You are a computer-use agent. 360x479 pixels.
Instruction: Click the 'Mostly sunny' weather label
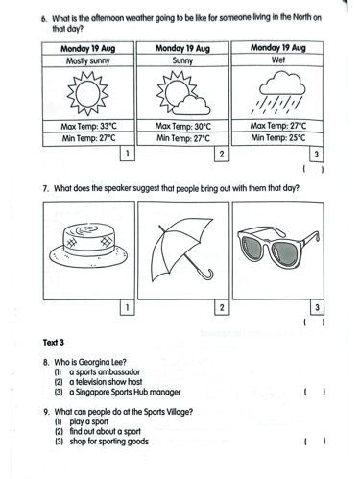(x=88, y=60)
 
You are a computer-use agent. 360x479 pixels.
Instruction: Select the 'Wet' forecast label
(x=277, y=60)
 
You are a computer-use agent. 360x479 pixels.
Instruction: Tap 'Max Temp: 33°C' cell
(x=88, y=126)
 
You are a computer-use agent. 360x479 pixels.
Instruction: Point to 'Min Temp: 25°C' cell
(x=278, y=138)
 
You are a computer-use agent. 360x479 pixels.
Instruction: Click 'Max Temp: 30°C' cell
(x=183, y=126)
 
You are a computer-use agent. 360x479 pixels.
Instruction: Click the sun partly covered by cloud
(x=183, y=93)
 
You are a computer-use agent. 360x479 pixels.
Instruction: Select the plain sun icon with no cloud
(x=87, y=93)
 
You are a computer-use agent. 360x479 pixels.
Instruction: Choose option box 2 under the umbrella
(x=222, y=308)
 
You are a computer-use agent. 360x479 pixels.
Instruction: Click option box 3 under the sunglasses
(x=317, y=308)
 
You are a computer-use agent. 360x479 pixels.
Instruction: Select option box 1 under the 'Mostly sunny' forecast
(x=127, y=154)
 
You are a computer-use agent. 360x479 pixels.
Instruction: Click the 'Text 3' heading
(x=54, y=343)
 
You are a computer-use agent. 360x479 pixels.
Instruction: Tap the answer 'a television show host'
(x=106, y=382)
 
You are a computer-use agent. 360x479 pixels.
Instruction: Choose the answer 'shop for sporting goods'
(x=108, y=442)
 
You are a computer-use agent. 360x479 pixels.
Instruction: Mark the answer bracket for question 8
(x=315, y=392)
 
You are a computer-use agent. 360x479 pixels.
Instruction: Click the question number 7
(x=46, y=188)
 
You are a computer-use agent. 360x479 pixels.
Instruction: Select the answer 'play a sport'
(x=89, y=421)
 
